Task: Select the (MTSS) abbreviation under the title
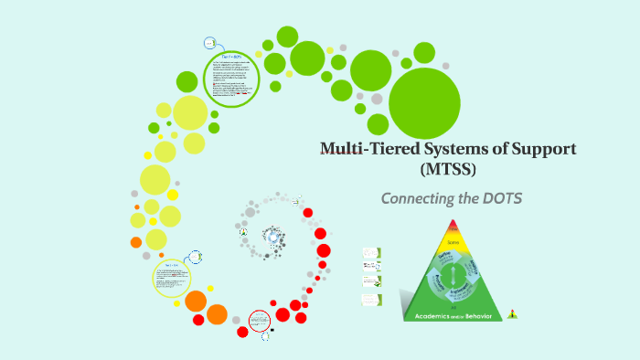[449, 169]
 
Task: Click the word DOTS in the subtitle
[502, 198]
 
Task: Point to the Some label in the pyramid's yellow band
[453, 243]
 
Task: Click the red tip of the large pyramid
[453, 227]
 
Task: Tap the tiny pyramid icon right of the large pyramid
[513, 314]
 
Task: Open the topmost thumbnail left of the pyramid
[371, 251]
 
